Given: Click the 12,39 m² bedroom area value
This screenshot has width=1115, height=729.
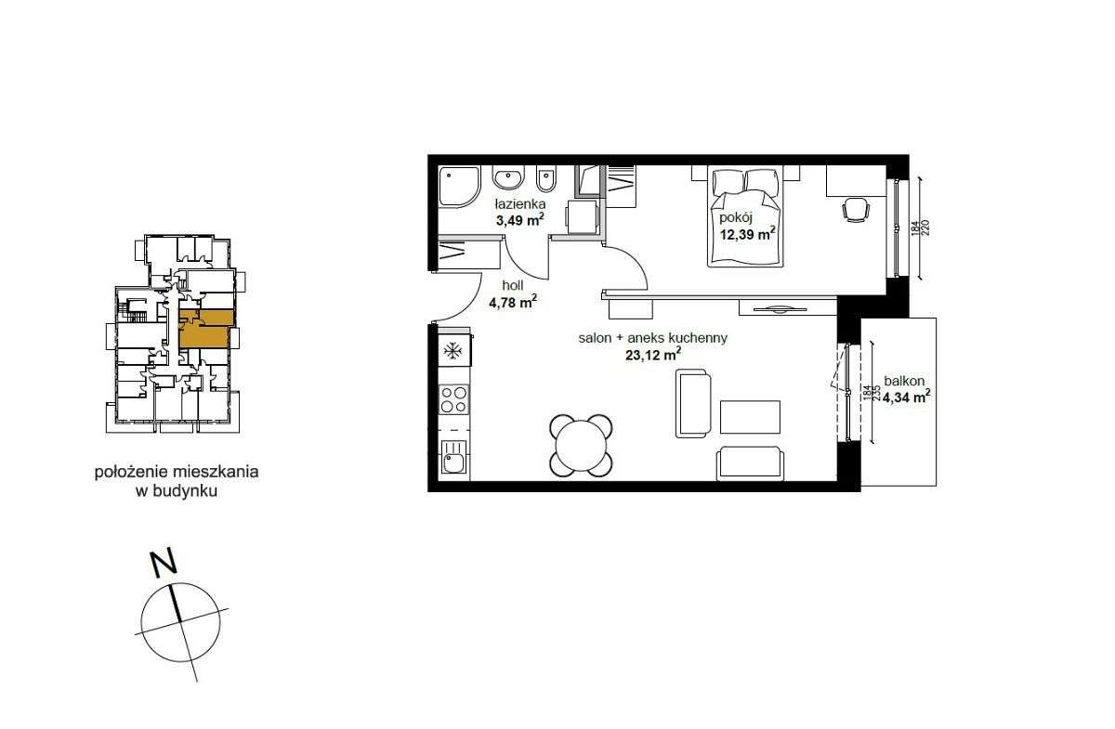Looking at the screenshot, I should [748, 234].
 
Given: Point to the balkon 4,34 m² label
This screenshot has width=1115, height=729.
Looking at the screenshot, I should [907, 389].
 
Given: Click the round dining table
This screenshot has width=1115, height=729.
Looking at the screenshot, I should [583, 445].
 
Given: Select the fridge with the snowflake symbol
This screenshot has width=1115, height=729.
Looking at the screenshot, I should [453, 351].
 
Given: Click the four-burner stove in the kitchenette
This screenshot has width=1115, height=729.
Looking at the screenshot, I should [453, 399].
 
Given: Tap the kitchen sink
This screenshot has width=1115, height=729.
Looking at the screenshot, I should [453, 458].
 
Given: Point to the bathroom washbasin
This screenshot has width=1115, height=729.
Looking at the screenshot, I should [508, 178].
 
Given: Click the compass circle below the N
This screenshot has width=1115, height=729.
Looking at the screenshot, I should [181, 625].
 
